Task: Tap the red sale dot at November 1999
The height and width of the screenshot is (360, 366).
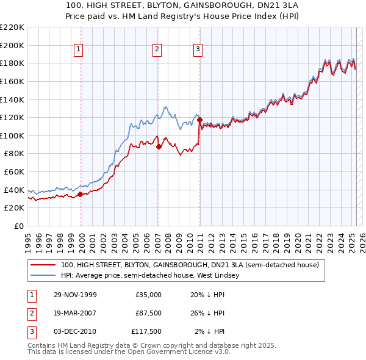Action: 81,195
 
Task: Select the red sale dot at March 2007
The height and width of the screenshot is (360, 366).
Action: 158,146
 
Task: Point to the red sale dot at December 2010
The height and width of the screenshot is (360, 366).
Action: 199,120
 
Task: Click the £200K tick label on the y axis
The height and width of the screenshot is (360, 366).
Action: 12,45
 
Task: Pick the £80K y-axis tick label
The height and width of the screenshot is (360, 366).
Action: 14,154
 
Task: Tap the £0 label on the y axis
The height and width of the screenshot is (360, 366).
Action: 19,226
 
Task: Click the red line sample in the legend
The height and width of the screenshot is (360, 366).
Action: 43,265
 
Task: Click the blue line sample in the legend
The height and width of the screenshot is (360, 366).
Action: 43,276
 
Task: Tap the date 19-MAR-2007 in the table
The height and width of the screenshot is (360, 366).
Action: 75,313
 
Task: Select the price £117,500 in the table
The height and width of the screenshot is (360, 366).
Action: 146,331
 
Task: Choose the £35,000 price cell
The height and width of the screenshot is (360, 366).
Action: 148,295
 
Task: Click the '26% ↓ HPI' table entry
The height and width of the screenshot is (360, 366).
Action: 208,313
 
